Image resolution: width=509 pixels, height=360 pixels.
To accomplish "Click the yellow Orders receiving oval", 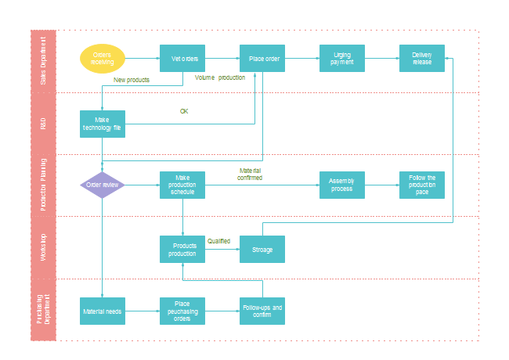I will (103, 59).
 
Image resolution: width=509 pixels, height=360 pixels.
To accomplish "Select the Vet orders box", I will (182, 59).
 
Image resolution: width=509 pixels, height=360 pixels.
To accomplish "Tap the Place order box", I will (262, 59).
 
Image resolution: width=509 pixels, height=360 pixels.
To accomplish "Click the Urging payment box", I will (342, 59).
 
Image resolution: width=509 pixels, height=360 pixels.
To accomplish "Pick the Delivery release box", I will (422, 59).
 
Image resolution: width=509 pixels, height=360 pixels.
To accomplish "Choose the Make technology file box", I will (103, 124).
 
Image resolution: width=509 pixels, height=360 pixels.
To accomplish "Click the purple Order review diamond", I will (103, 185).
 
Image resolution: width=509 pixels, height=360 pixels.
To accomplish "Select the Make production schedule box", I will (182, 185).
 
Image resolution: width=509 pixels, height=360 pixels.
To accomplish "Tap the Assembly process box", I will (342, 185).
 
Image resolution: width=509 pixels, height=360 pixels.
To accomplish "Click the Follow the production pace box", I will (422, 185).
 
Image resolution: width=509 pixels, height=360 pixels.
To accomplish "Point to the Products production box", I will (182, 249).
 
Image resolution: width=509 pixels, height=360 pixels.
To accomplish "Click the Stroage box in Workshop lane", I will (262, 249).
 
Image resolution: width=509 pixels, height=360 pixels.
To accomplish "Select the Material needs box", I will (103, 311).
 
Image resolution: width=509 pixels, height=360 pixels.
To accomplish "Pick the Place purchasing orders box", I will (182, 311).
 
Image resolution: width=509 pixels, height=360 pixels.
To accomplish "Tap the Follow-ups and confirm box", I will (262, 311).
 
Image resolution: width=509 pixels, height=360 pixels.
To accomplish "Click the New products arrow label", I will (132, 80).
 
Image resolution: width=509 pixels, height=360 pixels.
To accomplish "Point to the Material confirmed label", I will (250, 174).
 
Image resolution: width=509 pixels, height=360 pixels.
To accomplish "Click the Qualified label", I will (218, 241).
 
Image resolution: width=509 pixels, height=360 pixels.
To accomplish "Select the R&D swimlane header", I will (43, 124).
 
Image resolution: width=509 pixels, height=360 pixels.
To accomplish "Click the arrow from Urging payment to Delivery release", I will (381, 59).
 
